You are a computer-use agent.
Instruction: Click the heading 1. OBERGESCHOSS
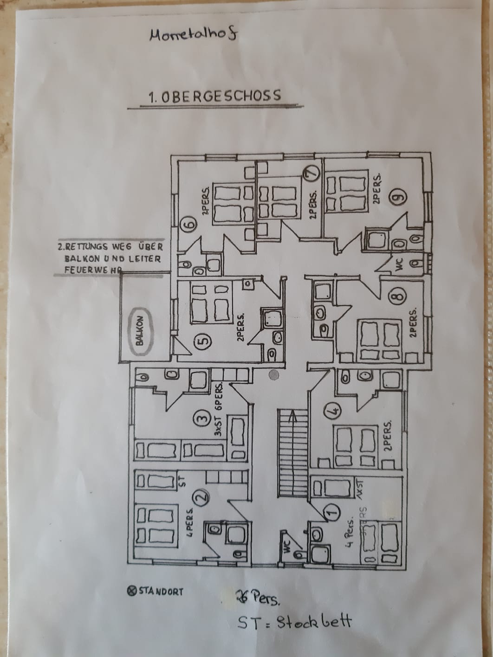click(x=214, y=96)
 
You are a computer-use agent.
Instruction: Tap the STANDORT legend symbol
click(x=131, y=591)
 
